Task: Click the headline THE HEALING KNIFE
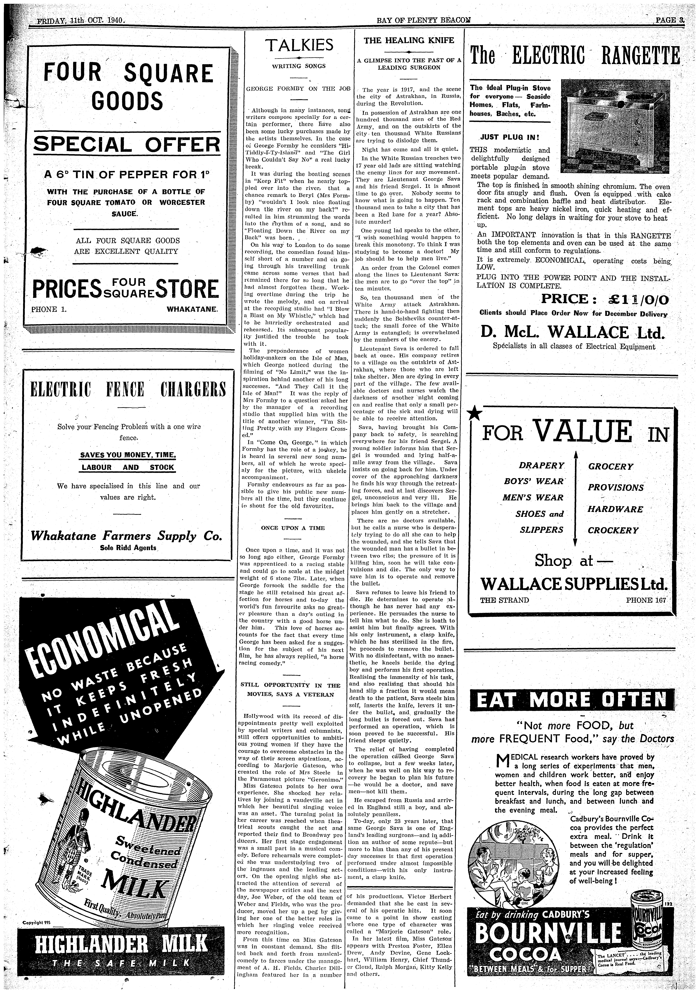[x=408, y=40]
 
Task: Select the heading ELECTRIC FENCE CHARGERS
[x=126, y=390]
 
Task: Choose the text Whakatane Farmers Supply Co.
[x=126, y=537]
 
